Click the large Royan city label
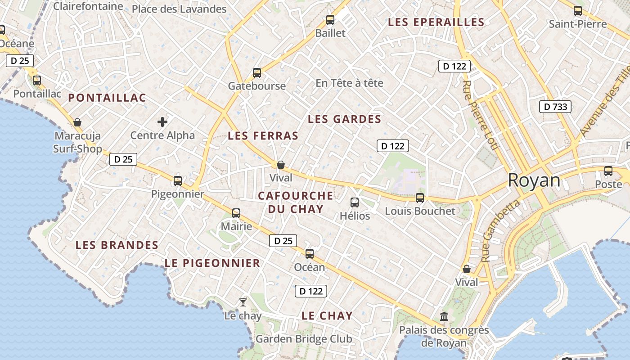point(534,180)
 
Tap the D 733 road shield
point(555,107)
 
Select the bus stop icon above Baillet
point(330,20)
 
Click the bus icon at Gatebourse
point(257,72)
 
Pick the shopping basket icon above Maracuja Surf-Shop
point(77,122)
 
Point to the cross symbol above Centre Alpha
point(162,121)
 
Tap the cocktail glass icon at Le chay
point(243,302)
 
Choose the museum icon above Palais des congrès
point(445,316)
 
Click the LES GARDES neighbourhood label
point(344,119)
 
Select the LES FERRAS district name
point(263,135)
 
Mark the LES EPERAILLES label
point(436,22)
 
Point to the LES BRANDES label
point(117,245)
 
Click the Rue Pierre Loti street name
point(480,115)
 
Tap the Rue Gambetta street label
point(500,231)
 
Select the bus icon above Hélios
point(355,202)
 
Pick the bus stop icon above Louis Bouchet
point(420,198)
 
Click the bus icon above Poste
point(608,171)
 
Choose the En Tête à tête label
point(349,83)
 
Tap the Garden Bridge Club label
point(304,339)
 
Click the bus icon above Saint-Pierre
point(578,11)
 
